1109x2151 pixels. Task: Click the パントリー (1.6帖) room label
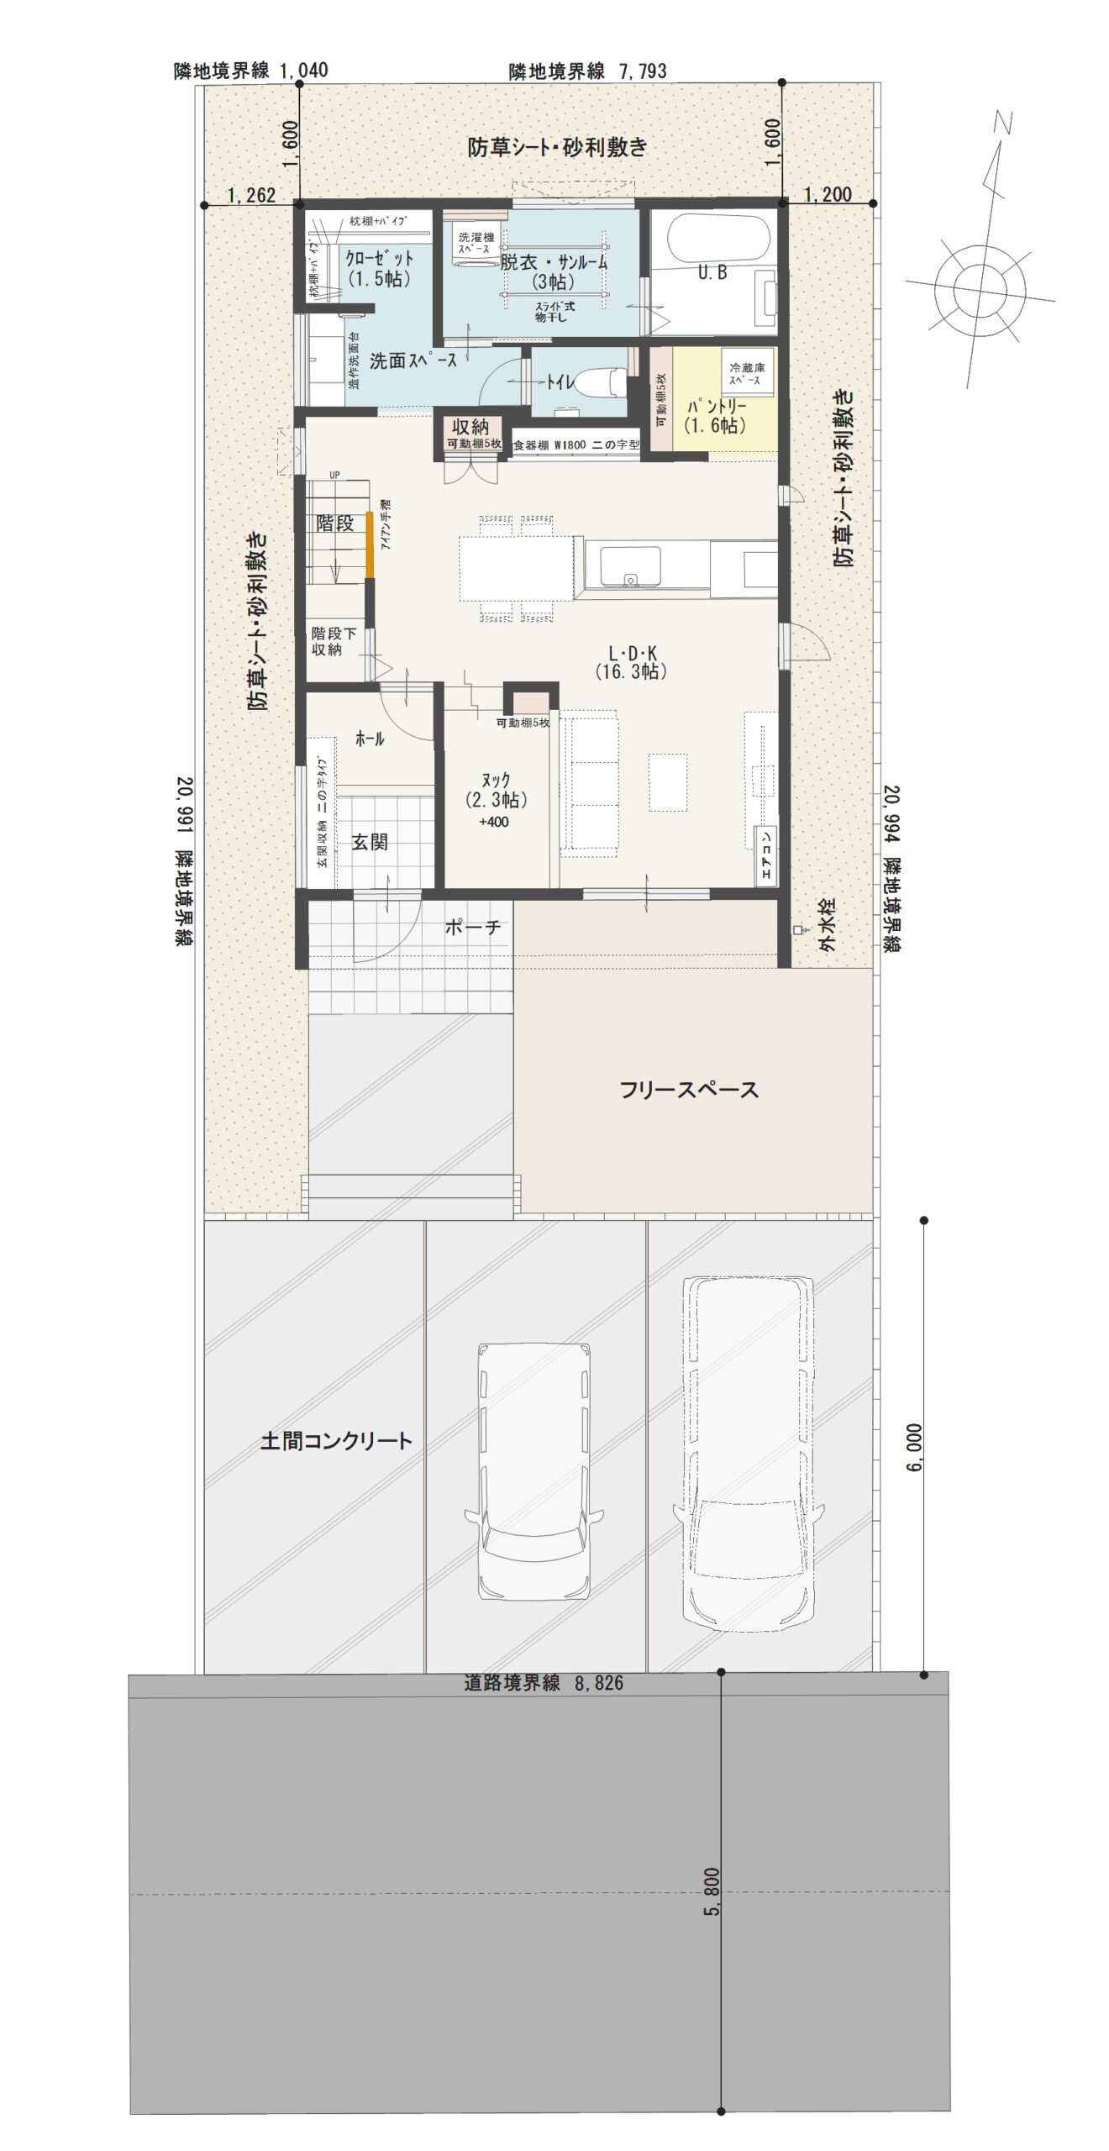pyautogui.click(x=715, y=416)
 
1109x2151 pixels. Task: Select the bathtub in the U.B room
pyautogui.click(x=718, y=238)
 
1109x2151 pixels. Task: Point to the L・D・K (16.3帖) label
pyautogui.click(x=631, y=661)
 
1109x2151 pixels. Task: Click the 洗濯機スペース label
pyautogui.click(x=475, y=244)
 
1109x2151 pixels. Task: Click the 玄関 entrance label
pyautogui.click(x=369, y=842)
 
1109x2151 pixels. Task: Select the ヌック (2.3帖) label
pyautogui.click(x=496, y=792)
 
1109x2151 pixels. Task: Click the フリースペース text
pyautogui.click(x=689, y=1090)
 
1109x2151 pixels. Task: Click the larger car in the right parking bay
pyautogui.click(x=747, y=1452)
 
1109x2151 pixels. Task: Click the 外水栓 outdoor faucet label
pyautogui.click(x=827, y=928)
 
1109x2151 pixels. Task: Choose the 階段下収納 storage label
pyautogui.click(x=334, y=641)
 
